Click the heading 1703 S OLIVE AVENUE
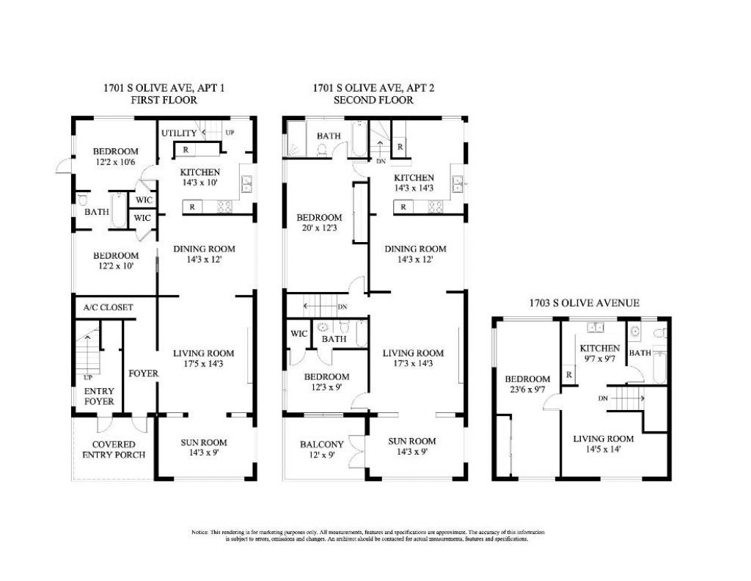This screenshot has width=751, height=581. coord(585,302)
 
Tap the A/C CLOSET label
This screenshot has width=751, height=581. coord(109,307)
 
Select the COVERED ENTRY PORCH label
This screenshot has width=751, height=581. coord(114,450)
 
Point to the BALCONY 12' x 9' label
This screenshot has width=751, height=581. coord(321,450)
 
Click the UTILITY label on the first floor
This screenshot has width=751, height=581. coord(179,133)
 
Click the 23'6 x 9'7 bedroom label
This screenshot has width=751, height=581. coord(527,385)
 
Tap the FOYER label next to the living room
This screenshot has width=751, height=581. coord(143,373)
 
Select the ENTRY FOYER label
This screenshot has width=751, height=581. coord(99,396)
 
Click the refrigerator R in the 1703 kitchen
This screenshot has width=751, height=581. coord(568,375)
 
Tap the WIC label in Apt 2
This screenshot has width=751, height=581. coord(298,334)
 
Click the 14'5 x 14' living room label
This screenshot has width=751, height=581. coord(603,445)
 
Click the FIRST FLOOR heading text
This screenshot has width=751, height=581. coord(164,101)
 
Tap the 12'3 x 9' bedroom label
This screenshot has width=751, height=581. coord(326,382)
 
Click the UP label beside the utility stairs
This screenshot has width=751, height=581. coord(230,134)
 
